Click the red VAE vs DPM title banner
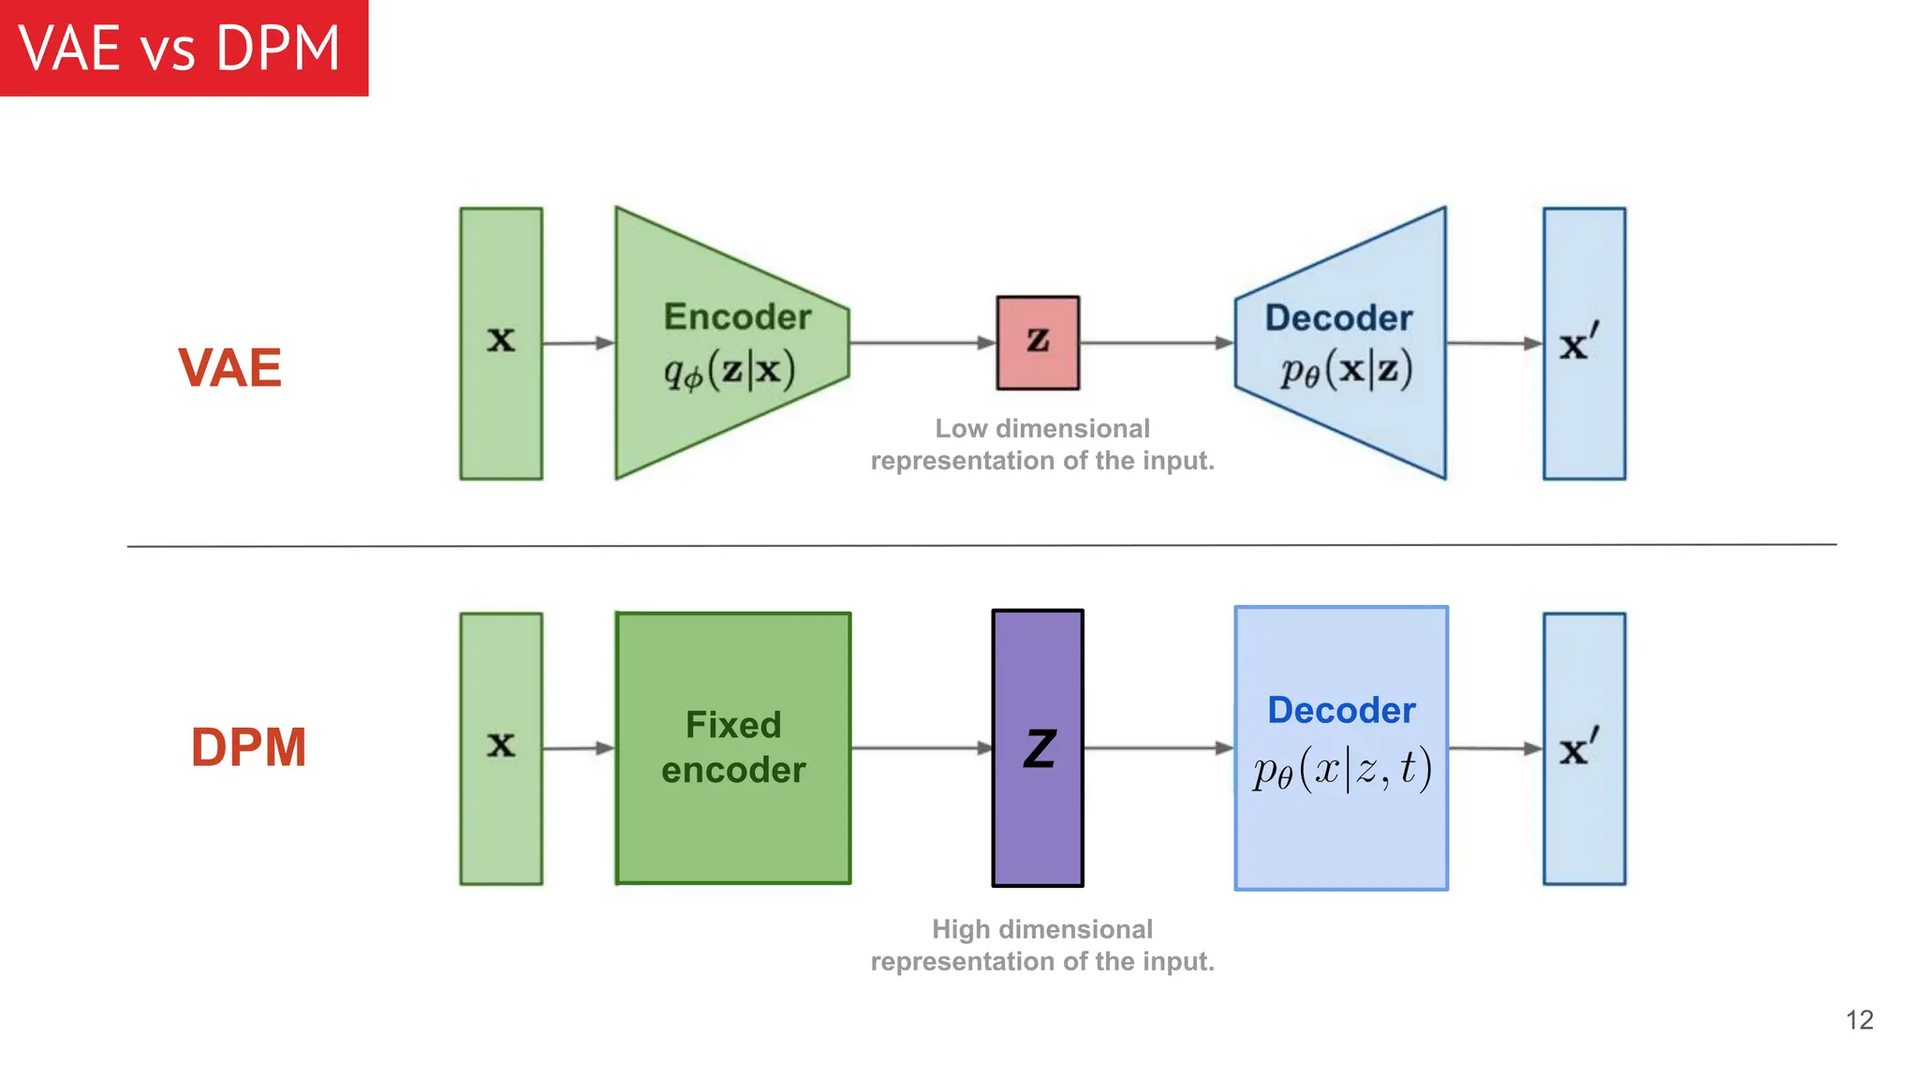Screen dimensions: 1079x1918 point(184,48)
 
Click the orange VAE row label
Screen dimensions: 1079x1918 point(229,367)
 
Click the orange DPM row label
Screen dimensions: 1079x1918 point(248,747)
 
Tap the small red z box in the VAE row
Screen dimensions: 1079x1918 point(1038,343)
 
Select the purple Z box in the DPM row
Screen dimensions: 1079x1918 point(1038,747)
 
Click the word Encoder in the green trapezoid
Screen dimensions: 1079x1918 point(737,317)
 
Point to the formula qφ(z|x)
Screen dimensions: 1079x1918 point(730,371)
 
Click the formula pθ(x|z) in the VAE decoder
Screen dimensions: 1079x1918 point(1346,371)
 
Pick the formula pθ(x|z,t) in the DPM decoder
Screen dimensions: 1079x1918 point(1342,770)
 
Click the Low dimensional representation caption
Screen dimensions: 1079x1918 point(1041,444)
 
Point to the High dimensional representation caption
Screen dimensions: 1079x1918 point(1041,945)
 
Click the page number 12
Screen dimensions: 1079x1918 point(1859,1019)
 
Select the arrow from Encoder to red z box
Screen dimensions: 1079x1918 point(922,343)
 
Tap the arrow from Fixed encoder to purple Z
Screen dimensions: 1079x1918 point(922,747)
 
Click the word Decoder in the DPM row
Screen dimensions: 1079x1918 point(1341,710)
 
